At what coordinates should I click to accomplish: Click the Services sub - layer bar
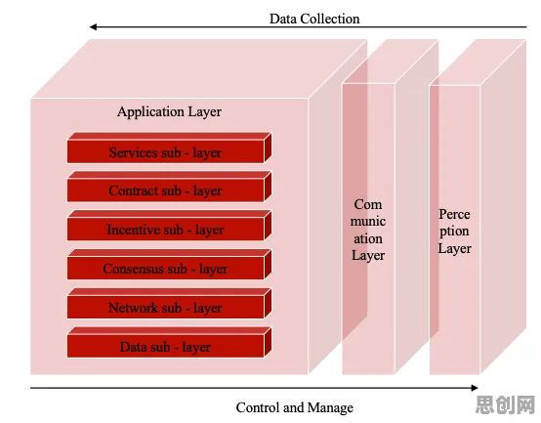[169, 148]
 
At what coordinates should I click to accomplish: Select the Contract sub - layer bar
[169, 187]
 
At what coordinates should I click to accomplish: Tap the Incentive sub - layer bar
[169, 226]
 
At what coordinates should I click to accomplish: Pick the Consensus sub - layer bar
[169, 265]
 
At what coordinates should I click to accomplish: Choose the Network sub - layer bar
[169, 303]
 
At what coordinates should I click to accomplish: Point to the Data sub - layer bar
[169, 342]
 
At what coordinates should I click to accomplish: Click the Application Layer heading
[169, 112]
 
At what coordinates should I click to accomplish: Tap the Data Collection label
[314, 19]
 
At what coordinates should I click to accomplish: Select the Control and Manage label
[295, 407]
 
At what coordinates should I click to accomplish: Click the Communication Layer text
[368, 230]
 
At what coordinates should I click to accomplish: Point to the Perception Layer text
[454, 232]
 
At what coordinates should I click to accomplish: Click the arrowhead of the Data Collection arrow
[93, 27]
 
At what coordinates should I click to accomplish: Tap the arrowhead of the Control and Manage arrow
[475, 388]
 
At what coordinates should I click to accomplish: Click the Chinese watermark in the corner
[506, 404]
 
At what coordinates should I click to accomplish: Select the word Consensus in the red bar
[145, 269]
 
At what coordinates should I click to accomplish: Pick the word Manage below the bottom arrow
[330, 408]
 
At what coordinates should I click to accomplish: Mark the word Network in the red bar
[145, 308]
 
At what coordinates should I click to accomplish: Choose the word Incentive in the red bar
[145, 230]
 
